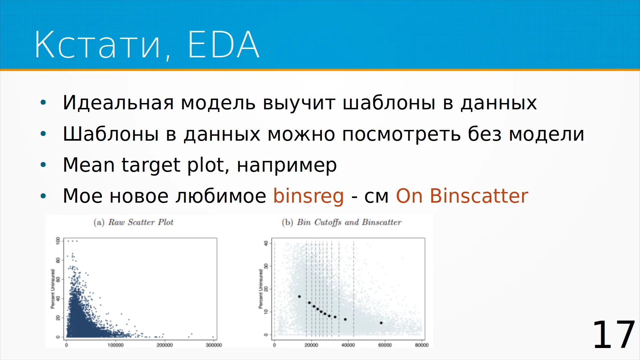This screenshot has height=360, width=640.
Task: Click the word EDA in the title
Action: click(x=223, y=44)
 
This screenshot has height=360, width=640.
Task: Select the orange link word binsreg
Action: click(x=308, y=196)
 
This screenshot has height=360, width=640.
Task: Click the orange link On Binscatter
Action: click(x=462, y=196)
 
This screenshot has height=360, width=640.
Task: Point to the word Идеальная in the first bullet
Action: click(x=118, y=103)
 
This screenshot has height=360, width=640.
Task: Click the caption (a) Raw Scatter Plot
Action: click(x=133, y=222)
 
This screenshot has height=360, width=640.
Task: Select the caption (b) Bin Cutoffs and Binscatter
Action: click(x=341, y=222)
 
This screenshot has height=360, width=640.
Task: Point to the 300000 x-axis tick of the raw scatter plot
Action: click(x=214, y=345)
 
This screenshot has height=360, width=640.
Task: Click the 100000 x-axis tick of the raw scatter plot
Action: click(x=115, y=345)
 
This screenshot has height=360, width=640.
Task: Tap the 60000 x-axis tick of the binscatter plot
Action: click(x=385, y=345)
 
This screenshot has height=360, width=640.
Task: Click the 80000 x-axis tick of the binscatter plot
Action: click(x=422, y=345)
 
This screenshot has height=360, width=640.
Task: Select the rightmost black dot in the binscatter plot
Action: click(x=381, y=323)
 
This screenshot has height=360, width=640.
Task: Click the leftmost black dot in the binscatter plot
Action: click(x=299, y=297)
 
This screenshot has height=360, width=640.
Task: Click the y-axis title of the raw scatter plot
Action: click(x=53, y=289)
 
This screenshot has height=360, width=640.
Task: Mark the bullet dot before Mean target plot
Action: click(x=43, y=165)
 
